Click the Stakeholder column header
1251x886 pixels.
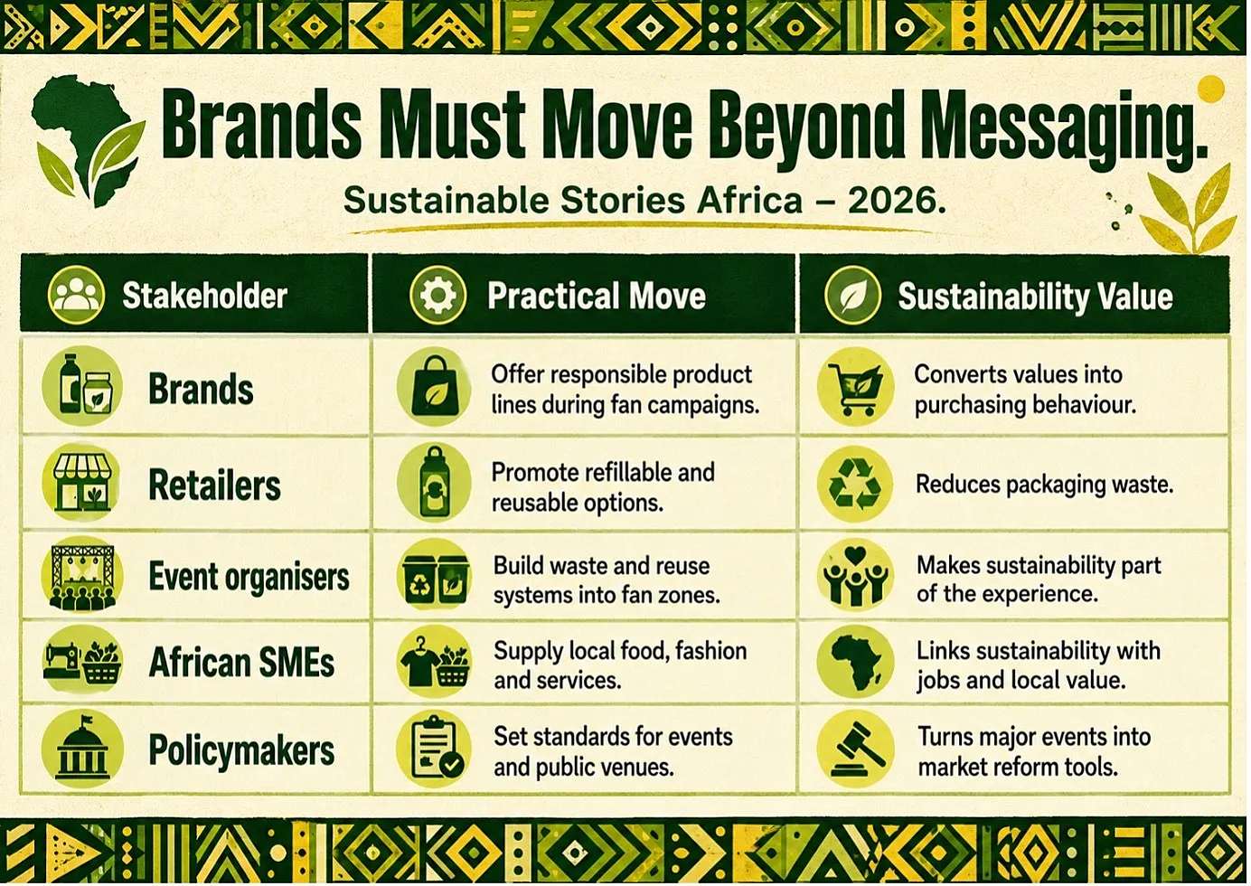coord(204,295)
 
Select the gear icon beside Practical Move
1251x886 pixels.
coord(437,295)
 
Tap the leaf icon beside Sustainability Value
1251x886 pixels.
coord(852,296)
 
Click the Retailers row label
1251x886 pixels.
coord(214,485)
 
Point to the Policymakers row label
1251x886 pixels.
coord(241,749)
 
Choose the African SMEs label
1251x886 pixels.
coord(241,662)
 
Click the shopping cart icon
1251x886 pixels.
coord(855,387)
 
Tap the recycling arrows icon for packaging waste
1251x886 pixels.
coord(854,485)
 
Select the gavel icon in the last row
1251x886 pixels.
coord(855,749)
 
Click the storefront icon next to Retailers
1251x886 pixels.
coord(81,483)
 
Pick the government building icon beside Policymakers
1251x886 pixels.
coord(82,749)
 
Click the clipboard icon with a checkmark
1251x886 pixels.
coord(434,749)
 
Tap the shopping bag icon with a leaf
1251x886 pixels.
coord(434,387)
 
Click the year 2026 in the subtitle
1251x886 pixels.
coord(897,200)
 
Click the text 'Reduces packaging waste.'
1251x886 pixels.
coord(1044,485)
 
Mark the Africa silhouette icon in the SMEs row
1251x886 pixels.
coord(855,662)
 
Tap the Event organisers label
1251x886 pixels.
coord(249,576)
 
